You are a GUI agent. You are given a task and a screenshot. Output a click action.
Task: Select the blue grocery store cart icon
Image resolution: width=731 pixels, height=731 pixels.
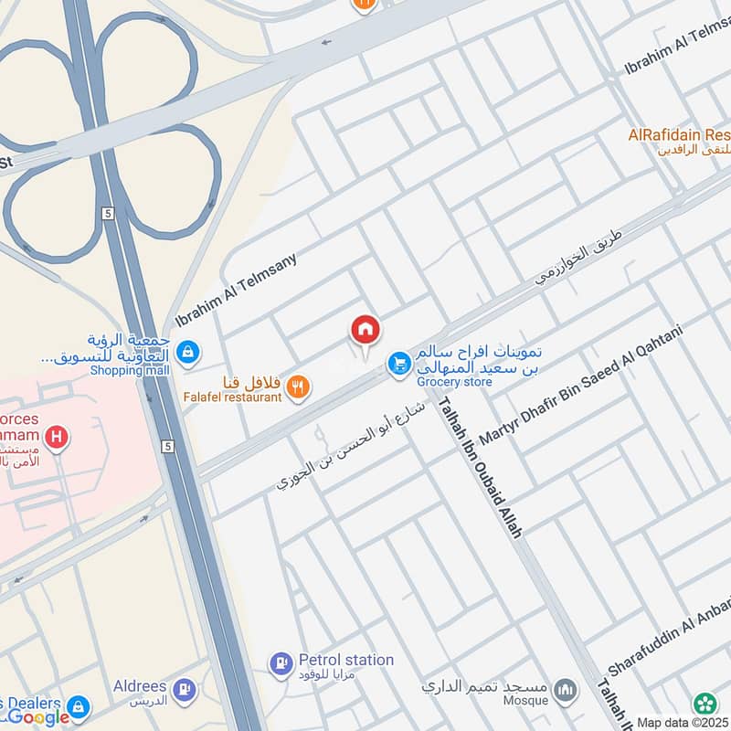point(398,364)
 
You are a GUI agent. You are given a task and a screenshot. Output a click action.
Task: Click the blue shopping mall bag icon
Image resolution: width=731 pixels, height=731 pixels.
point(187,351)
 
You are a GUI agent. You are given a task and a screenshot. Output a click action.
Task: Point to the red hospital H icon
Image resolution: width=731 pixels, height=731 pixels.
point(57,439)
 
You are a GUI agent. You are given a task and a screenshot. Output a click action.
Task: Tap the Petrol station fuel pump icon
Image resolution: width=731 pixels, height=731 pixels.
point(281,662)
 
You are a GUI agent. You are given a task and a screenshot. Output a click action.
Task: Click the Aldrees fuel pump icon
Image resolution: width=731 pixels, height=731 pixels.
point(184,687)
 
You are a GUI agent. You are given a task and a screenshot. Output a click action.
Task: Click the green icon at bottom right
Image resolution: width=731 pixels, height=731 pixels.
point(705,703)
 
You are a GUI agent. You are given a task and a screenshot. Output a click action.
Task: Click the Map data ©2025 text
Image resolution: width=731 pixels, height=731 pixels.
point(683,722)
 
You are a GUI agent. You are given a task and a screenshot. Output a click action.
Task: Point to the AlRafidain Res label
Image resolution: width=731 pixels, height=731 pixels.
point(679,135)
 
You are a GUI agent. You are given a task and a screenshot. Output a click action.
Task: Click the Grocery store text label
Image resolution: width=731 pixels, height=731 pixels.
point(453,381)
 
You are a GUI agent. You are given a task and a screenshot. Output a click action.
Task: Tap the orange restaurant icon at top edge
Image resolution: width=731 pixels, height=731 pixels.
point(363,4)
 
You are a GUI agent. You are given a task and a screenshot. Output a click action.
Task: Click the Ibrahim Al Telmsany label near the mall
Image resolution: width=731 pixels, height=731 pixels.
point(248,291)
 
